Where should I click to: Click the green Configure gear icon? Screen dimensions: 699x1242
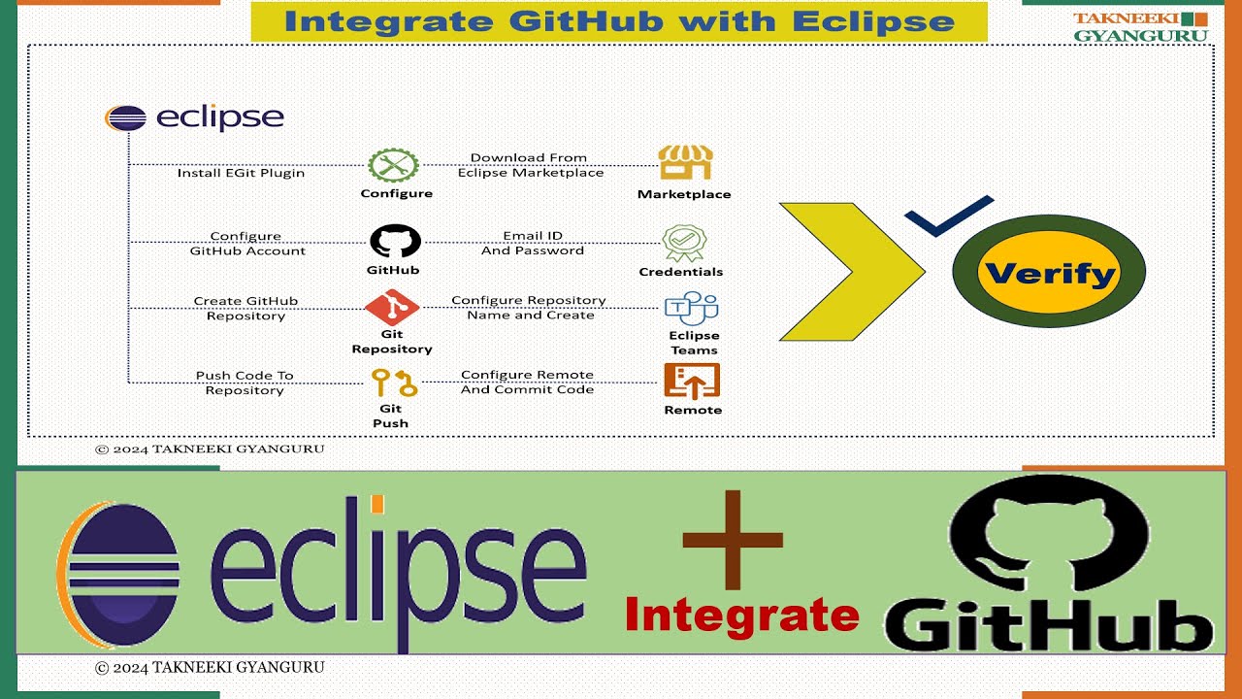tap(393, 165)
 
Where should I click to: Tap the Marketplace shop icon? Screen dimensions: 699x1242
tap(685, 162)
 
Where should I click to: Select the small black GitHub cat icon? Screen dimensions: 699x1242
tap(395, 241)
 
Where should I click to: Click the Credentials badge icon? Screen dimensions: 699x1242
tap(684, 243)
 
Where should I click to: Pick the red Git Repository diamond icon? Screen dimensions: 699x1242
tap(392, 309)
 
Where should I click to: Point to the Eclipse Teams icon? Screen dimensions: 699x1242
tap(691, 310)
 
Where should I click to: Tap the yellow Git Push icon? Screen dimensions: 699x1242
tap(393, 383)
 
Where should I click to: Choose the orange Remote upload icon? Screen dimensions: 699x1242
tap(692, 381)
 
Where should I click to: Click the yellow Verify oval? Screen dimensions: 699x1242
tap(1048, 273)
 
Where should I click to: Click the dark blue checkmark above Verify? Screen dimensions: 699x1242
tap(948, 216)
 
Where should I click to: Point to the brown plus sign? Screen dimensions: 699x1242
tap(733, 541)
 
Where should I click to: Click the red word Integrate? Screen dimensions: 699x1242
tap(742, 616)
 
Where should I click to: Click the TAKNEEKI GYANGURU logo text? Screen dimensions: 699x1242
tap(1140, 27)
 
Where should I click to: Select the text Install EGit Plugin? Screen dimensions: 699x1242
tap(241, 173)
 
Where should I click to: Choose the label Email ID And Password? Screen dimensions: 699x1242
tap(533, 243)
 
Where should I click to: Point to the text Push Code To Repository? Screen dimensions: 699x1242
tap(245, 383)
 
